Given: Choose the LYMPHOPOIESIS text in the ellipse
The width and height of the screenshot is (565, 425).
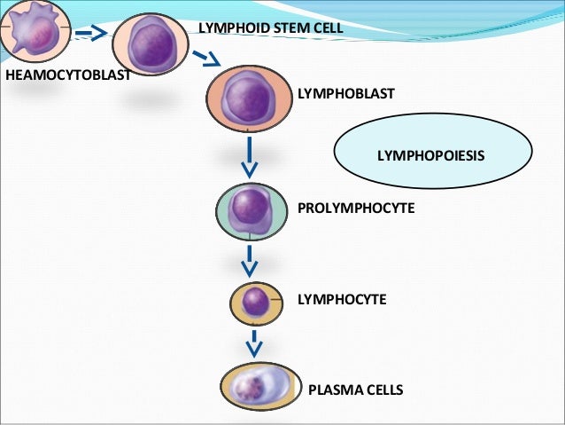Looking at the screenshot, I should pyautogui.click(x=432, y=155).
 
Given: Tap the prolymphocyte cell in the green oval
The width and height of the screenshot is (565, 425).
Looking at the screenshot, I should pyautogui.click(x=252, y=210).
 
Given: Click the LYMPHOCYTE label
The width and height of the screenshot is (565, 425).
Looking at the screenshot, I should pyautogui.click(x=342, y=300).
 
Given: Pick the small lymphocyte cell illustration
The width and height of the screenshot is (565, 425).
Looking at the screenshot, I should pyautogui.click(x=256, y=302).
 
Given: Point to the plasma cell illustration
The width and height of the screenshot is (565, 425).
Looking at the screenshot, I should pyautogui.click(x=258, y=389).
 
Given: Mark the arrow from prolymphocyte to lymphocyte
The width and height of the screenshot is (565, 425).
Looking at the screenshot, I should pyautogui.click(x=252, y=260).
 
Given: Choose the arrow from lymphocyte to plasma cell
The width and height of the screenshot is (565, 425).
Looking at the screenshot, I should pyautogui.click(x=254, y=343).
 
